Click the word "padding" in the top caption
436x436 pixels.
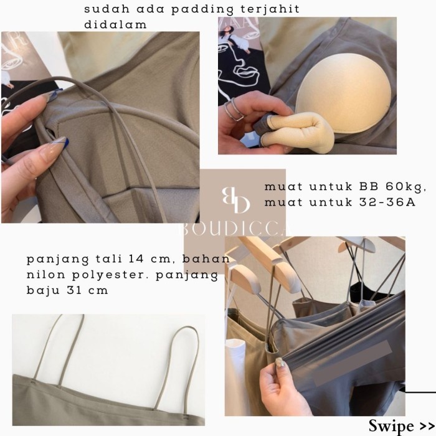(x=202, y=10)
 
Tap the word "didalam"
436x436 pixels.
(x=115, y=24)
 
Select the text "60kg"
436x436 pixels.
(x=406, y=187)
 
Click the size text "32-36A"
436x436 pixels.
(x=387, y=202)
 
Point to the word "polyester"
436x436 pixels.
(x=109, y=275)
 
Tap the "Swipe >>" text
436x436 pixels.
(x=402, y=425)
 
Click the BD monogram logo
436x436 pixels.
(x=236, y=200)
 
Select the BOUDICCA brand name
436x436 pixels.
(x=235, y=229)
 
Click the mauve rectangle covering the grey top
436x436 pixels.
(x=353, y=363)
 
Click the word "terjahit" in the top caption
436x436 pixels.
(x=270, y=9)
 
